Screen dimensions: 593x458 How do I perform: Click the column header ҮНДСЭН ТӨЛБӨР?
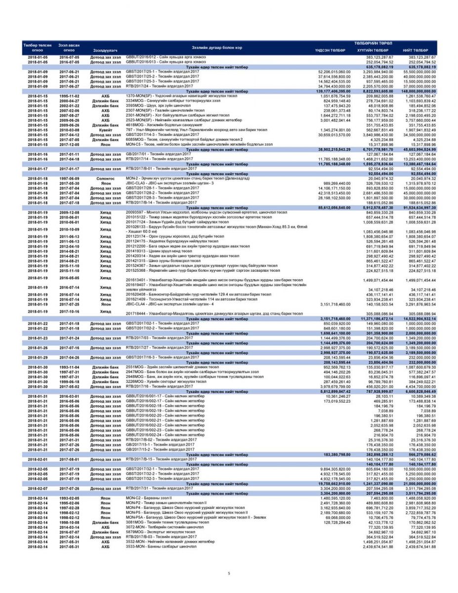click(x=330, y=50)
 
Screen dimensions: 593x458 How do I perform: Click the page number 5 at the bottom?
click(x=229, y=573)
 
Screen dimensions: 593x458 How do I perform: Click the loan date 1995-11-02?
click(x=69, y=96)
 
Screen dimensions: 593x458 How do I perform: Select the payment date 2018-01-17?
click(x=38, y=168)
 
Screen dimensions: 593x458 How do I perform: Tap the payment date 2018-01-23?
click(x=38, y=338)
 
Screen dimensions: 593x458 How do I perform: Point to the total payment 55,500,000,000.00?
click(x=419, y=72)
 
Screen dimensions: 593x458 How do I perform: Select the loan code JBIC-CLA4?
click(x=137, y=305)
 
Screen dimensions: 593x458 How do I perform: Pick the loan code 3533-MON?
click(x=135, y=547)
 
